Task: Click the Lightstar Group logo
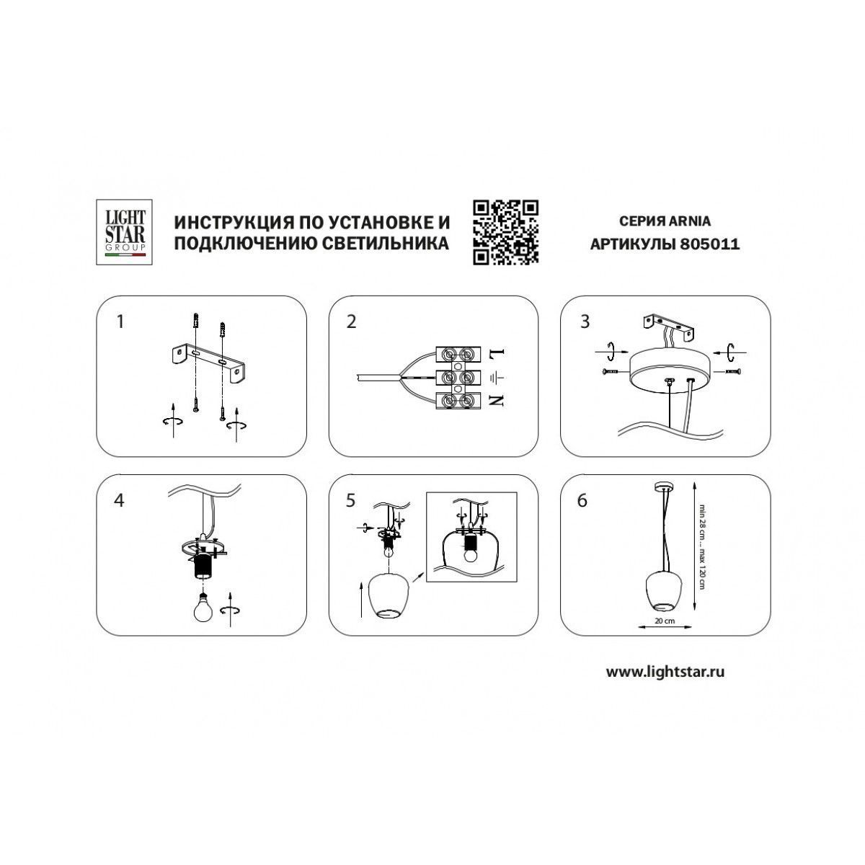(x=124, y=232)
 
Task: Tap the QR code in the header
(x=505, y=232)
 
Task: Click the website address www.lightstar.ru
(x=665, y=685)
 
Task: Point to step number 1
(x=120, y=321)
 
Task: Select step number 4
(x=119, y=500)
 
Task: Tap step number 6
(x=582, y=500)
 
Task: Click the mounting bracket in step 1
(x=208, y=362)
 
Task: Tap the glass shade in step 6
(x=664, y=592)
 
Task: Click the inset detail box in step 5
(x=471, y=537)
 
